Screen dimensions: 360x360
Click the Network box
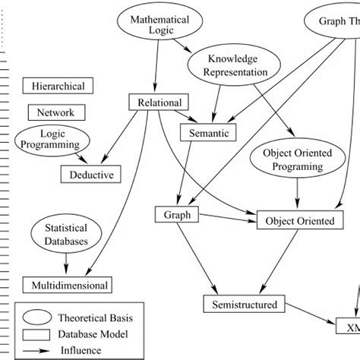pyautogui.click(x=57, y=112)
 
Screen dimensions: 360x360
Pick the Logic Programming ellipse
pyautogui.click(x=52, y=141)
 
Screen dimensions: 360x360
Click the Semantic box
pyautogui.click(x=208, y=133)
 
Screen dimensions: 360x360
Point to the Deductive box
pyautogui.click(x=90, y=175)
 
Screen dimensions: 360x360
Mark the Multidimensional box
pyautogui.click(x=70, y=286)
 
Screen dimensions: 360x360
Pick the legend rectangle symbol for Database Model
pyautogui.click(x=37, y=333)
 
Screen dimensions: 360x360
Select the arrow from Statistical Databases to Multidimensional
pyautogui.click(x=65, y=264)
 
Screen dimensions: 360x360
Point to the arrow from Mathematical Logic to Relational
pyautogui.click(x=156, y=68)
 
